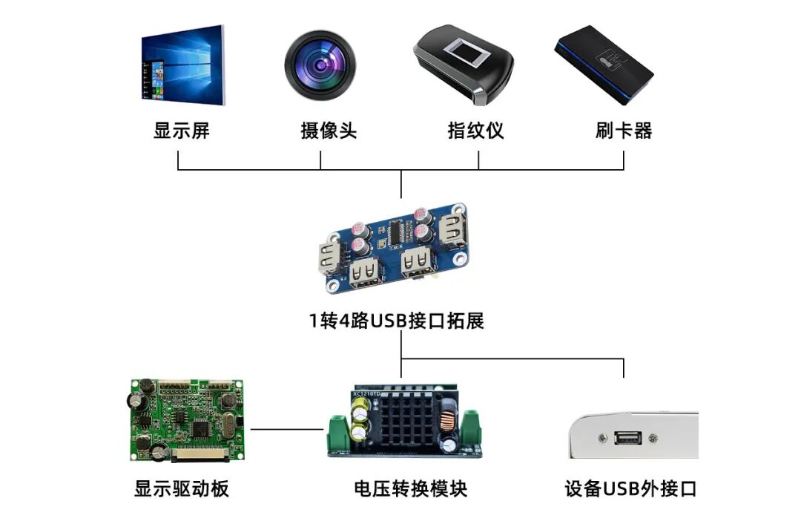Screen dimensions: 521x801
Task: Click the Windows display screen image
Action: pyautogui.click(x=182, y=65)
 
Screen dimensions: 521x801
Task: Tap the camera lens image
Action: pyautogui.click(x=320, y=65)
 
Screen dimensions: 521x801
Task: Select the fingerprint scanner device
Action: pyautogui.click(x=463, y=65)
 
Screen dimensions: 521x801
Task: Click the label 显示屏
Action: pyautogui.click(x=182, y=131)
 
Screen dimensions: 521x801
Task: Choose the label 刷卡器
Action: pyautogui.click(x=623, y=131)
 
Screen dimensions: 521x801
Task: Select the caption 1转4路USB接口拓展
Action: pyautogui.click(x=397, y=321)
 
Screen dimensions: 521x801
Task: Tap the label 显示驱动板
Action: pyautogui.click(x=182, y=489)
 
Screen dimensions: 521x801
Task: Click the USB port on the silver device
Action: pyautogui.click(x=627, y=439)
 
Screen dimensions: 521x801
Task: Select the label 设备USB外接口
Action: pyautogui.click(x=630, y=489)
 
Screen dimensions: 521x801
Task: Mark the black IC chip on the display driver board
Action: pyautogui.click(x=201, y=430)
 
